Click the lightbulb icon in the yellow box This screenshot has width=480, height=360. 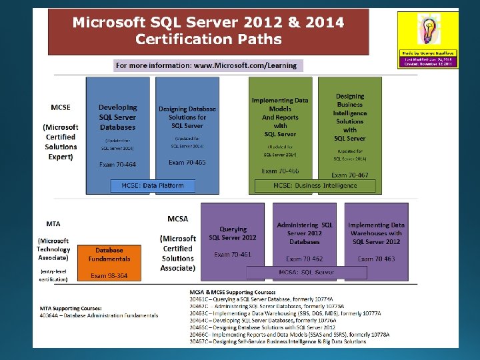[x=427, y=30]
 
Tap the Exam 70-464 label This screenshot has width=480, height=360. [x=117, y=164]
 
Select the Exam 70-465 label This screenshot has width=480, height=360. [x=187, y=162]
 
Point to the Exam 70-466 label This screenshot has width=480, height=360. [x=279, y=171]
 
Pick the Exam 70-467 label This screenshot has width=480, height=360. [x=349, y=175]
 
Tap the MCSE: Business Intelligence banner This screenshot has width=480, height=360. [x=315, y=185]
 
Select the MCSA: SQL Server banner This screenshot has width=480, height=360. [x=307, y=272]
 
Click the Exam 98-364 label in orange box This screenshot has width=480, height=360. [x=109, y=275]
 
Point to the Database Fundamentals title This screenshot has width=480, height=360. [x=109, y=254]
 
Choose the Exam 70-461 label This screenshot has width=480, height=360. [x=233, y=254]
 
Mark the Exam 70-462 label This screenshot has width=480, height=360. [x=305, y=258]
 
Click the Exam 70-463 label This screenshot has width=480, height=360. [x=376, y=258]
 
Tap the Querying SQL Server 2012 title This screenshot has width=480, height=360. [x=233, y=233]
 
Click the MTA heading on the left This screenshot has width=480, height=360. [x=53, y=223]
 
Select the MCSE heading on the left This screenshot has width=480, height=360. [x=61, y=107]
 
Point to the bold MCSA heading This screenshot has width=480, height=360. [x=177, y=218]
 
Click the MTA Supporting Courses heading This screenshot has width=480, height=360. [x=71, y=308]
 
